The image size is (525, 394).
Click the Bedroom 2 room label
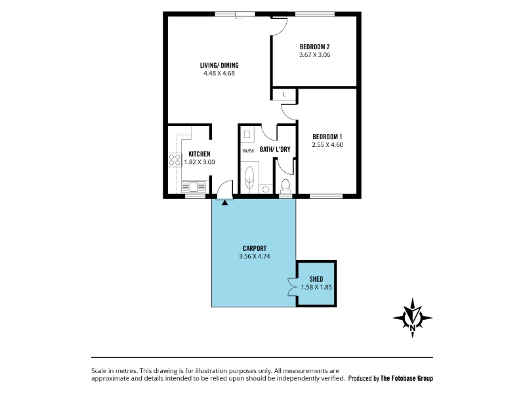pyautogui.click(x=314, y=47)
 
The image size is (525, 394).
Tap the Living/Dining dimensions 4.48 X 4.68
pyautogui.click(x=219, y=74)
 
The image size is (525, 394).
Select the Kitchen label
pyautogui.click(x=199, y=154)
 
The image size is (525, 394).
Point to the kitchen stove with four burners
pyautogui.click(x=175, y=160)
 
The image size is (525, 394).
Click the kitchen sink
pyautogui.click(x=194, y=186)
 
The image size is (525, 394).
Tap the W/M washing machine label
pyautogui.click(x=248, y=151)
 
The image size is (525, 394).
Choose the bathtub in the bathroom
pyautogui.click(x=249, y=177)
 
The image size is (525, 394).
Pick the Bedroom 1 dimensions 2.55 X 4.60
pyautogui.click(x=327, y=145)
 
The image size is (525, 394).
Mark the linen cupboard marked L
pyautogui.click(x=284, y=95)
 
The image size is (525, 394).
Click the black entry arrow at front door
pyautogui.click(x=224, y=202)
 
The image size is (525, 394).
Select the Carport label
pyautogui.click(x=255, y=248)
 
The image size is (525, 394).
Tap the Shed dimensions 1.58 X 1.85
pyautogui.click(x=316, y=287)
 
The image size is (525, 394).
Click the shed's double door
pyautogui.click(x=291, y=287)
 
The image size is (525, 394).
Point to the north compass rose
pyautogui.click(x=413, y=318)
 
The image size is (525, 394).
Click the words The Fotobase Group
pyautogui.click(x=406, y=378)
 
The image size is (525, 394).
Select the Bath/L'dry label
pyautogui.click(x=275, y=150)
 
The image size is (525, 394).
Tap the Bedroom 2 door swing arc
pyautogui.click(x=280, y=27)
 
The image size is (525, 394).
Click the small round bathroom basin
pyautogui.click(x=266, y=190)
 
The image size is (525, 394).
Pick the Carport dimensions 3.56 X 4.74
pyautogui.click(x=255, y=257)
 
